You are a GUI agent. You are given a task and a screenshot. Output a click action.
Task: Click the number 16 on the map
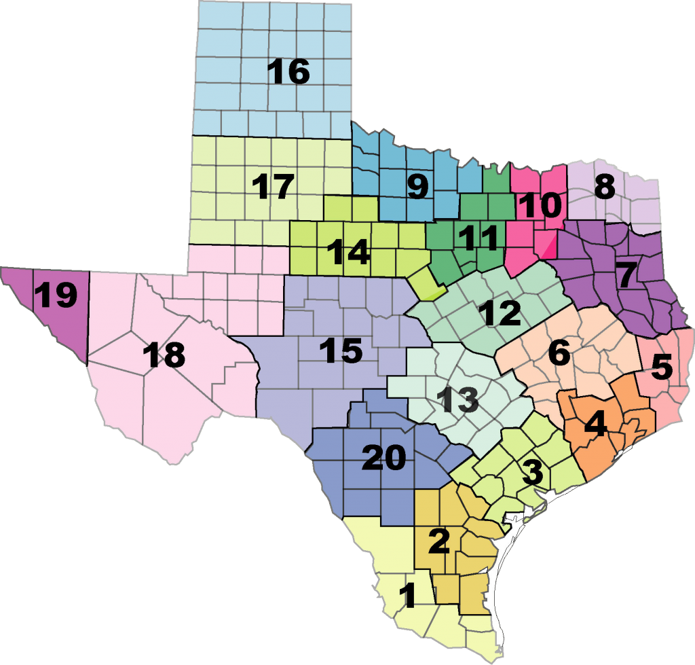(x=288, y=72)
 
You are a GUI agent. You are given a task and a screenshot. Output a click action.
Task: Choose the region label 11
(x=474, y=237)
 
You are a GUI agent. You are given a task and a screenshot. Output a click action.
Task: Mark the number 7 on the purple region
(x=625, y=274)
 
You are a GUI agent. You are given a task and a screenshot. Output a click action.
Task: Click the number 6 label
(x=559, y=353)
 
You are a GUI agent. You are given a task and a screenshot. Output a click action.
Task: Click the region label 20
(x=383, y=459)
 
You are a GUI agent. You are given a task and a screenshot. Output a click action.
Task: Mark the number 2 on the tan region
(x=438, y=541)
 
